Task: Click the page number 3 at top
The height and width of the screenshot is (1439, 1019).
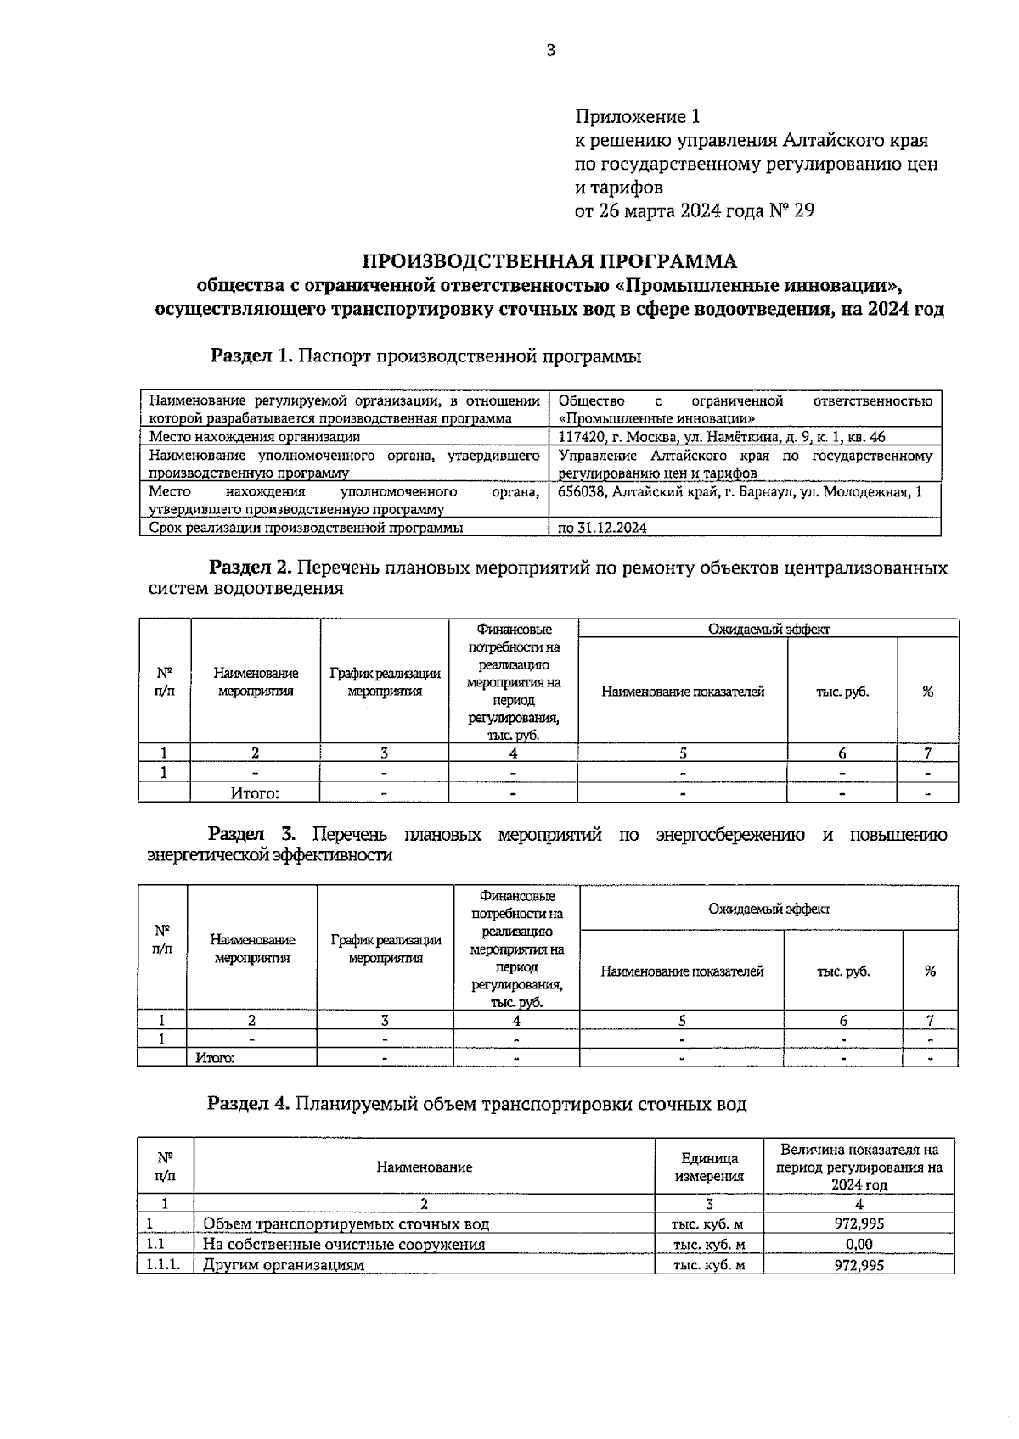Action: click(550, 51)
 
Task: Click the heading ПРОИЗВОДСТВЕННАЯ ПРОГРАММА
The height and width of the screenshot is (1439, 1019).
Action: click(550, 260)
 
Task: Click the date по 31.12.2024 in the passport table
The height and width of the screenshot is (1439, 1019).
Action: click(603, 528)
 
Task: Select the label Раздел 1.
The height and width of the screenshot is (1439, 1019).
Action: click(251, 356)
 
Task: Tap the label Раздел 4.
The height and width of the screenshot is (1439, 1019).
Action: click(250, 1105)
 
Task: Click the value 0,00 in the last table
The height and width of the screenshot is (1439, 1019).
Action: click(859, 1245)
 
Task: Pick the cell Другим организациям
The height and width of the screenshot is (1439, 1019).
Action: click(284, 1265)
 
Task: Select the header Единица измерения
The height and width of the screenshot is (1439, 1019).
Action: click(709, 1167)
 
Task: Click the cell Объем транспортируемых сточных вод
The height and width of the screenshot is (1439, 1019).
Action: click(346, 1224)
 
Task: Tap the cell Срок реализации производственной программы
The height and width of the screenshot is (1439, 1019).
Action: click(307, 528)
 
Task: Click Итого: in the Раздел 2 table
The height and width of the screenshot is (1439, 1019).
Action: click(255, 794)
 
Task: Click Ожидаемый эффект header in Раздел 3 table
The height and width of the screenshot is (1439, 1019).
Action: click(769, 909)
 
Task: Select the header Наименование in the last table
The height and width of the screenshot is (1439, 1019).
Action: click(424, 1167)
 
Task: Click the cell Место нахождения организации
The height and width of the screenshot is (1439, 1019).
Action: click(255, 437)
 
